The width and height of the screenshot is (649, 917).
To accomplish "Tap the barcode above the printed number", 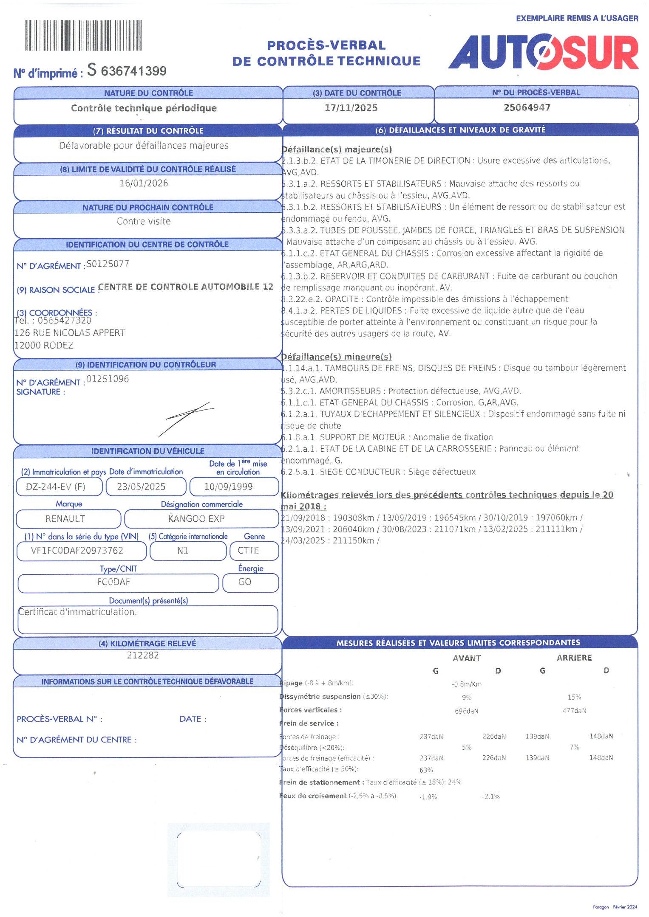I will point(83,36).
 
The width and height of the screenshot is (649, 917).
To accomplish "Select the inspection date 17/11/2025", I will point(351,108).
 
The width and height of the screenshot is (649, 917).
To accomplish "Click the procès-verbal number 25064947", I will point(527,107).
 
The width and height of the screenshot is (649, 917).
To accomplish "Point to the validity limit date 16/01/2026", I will point(144,183).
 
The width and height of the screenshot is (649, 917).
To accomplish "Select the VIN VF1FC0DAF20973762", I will point(77,551).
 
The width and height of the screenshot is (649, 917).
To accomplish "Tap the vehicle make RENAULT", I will point(65,518).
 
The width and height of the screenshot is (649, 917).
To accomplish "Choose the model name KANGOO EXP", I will point(196,518).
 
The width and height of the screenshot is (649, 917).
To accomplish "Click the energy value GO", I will point(245,582).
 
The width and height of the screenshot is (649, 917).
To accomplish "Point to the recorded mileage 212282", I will point(143,655).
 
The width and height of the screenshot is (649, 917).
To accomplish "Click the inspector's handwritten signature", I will point(186,418).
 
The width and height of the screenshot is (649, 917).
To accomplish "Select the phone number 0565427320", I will point(64,320).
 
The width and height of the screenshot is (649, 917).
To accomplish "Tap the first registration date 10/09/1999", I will point(228,487).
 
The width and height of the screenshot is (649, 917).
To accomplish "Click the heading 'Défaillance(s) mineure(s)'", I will point(336,357).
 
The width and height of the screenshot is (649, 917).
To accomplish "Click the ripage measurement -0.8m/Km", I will point(467,684).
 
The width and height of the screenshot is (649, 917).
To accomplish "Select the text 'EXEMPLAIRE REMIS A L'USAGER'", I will point(577,18).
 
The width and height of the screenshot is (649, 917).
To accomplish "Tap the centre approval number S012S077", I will point(108,264).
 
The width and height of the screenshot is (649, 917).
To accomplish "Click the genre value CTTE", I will point(248,551).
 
